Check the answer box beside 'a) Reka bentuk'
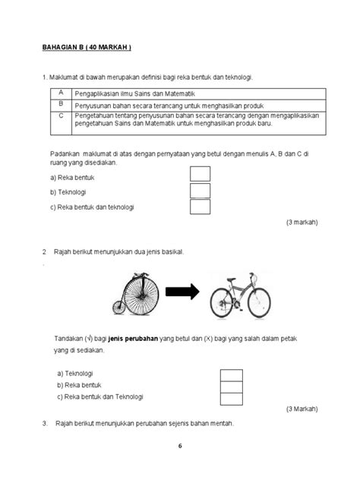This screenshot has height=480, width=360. [200, 174]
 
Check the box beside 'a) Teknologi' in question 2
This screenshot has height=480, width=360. [231, 374]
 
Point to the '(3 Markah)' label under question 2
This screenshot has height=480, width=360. [302, 409]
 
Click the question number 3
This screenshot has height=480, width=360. [45, 422]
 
